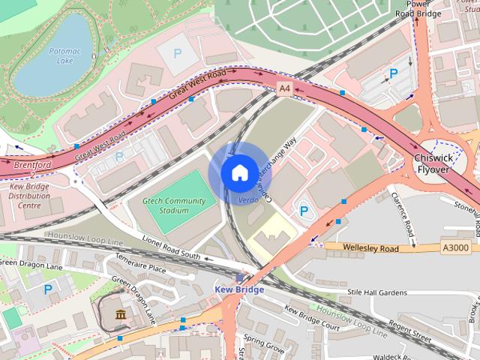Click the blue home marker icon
tap(238, 172)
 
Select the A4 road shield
tap(283, 88)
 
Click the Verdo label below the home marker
tap(248, 200)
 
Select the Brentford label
tap(32, 163)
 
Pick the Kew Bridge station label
tap(238, 289)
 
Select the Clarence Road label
tap(403, 218)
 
